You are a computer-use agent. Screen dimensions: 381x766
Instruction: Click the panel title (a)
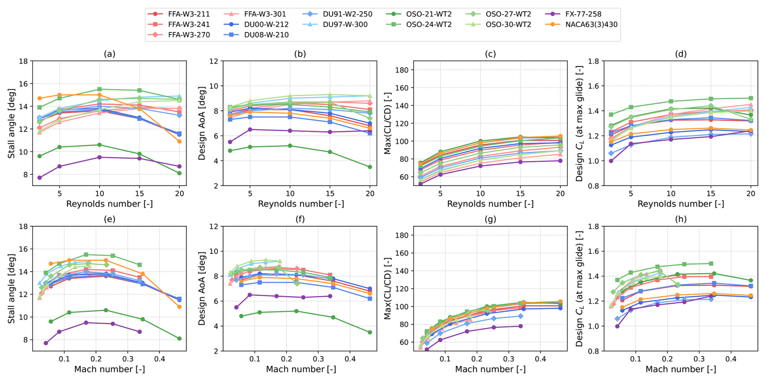[109, 54]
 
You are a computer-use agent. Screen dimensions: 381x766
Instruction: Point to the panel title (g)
[490, 219]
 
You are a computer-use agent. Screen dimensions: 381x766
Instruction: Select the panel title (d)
[681, 54]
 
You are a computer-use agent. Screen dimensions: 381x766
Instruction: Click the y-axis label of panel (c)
[387, 123]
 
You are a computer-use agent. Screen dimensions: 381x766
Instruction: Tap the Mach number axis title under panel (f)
[301, 369]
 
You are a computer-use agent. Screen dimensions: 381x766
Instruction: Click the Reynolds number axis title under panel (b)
[301, 204]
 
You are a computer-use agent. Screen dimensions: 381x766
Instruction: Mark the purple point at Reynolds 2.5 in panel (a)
[40, 178]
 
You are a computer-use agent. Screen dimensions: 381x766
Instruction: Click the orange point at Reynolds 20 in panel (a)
[179, 141]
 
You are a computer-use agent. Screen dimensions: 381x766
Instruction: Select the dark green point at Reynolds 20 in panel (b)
[370, 167]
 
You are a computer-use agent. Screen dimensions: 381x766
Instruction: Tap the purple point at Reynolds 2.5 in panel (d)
[611, 161]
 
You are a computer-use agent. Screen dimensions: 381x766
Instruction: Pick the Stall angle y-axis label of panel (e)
[11, 289]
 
